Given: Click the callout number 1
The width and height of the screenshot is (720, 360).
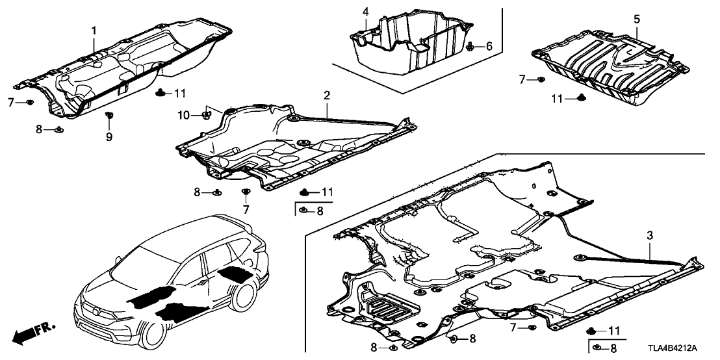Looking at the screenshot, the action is click(x=94, y=31).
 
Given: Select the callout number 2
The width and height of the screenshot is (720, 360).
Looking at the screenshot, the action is click(x=326, y=96).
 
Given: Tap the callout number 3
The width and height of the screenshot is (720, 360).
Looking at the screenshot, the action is click(x=650, y=237).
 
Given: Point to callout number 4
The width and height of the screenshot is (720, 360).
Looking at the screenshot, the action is click(x=365, y=12).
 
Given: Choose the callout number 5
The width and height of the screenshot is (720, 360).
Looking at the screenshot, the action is click(x=636, y=19).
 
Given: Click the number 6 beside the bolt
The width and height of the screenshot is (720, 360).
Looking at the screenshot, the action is click(x=489, y=46).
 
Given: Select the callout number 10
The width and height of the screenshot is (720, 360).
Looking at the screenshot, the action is click(x=184, y=115).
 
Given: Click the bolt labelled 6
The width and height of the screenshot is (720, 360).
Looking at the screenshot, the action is click(x=470, y=46).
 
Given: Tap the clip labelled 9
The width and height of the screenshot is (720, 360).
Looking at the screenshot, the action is click(x=109, y=115).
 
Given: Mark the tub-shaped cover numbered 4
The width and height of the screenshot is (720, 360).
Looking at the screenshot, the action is click(x=411, y=42).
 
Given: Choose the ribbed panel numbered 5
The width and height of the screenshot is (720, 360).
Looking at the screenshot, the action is click(x=611, y=66).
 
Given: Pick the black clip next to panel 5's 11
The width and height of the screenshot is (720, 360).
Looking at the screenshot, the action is click(x=580, y=97).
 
